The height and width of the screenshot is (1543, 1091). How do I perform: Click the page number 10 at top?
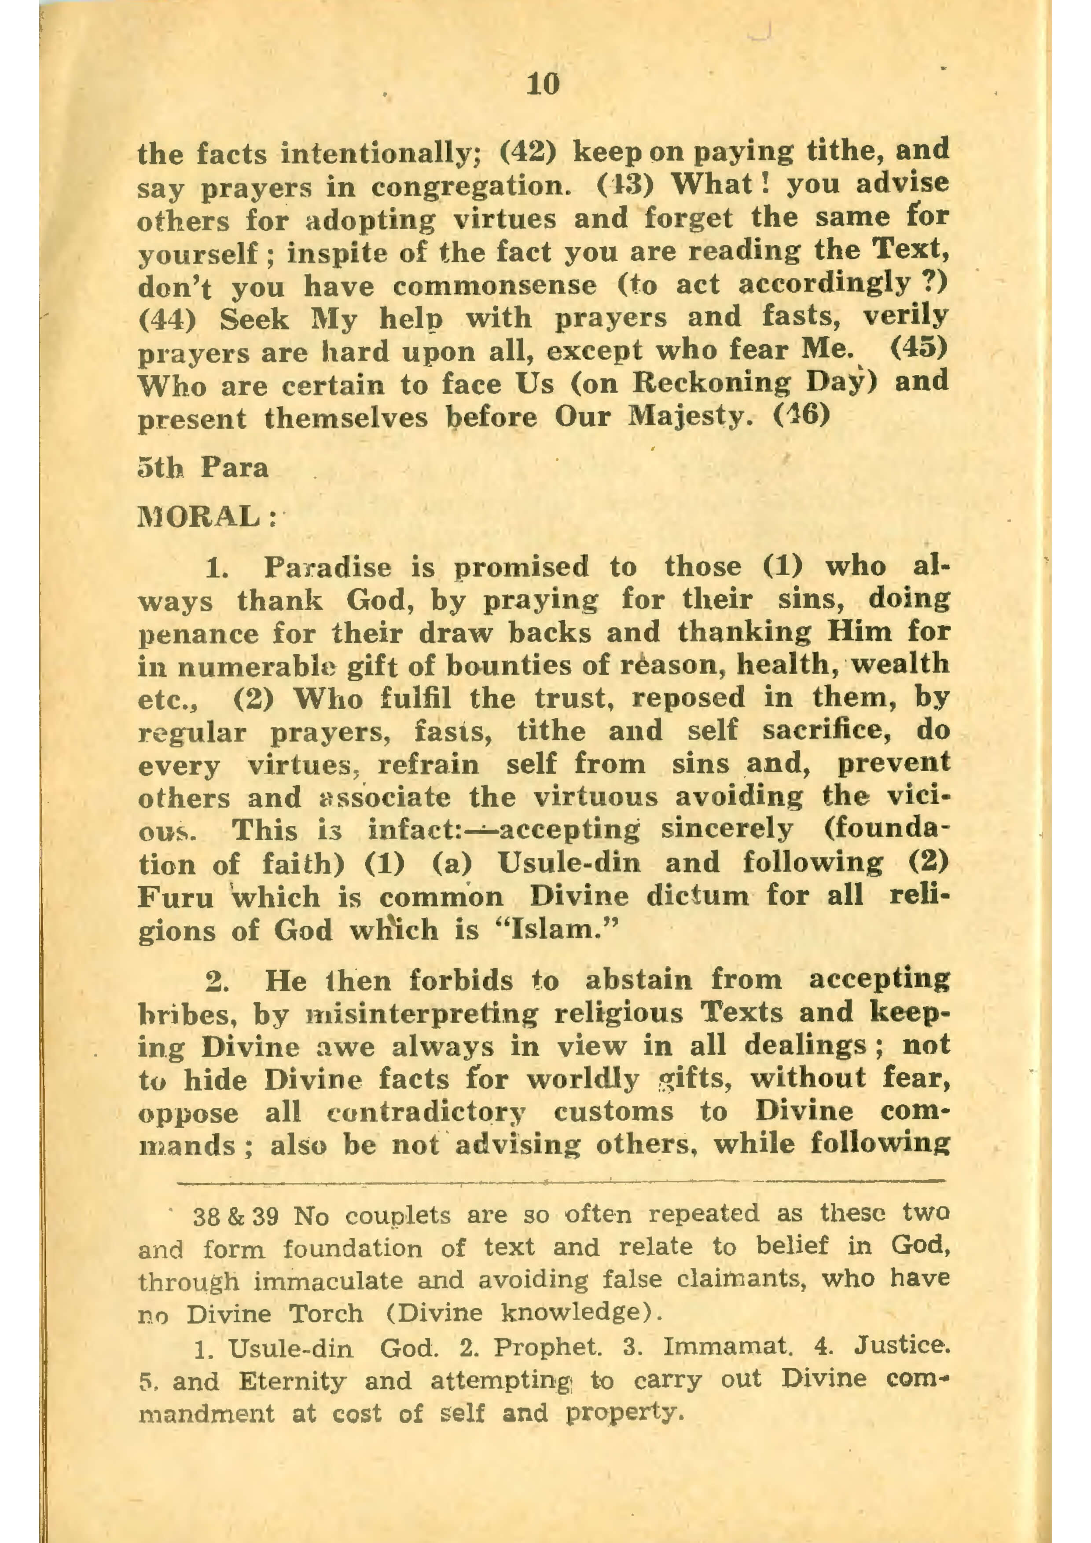(543, 85)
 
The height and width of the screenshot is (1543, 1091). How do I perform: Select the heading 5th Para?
(202, 468)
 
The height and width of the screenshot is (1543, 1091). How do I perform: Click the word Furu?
(176, 897)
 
